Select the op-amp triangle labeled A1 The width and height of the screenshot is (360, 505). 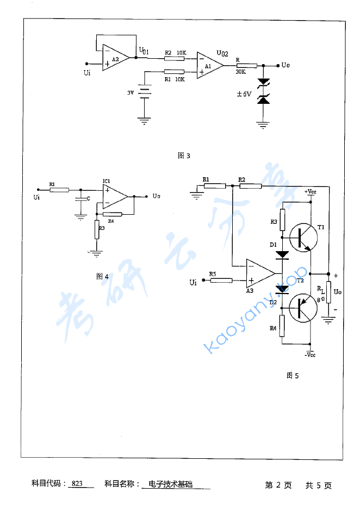click(x=209, y=65)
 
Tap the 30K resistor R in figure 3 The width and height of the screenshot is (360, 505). click(x=246, y=65)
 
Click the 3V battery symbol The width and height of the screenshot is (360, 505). click(x=144, y=93)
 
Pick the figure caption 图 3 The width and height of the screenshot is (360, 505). click(x=184, y=156)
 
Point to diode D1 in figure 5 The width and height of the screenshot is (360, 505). click(x=282, y=254)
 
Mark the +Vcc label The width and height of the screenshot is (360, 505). click(x=309, y=192)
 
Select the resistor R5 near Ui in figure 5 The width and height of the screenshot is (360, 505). click(x=221, y=280)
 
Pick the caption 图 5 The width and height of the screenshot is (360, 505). click(x=293, y=375)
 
